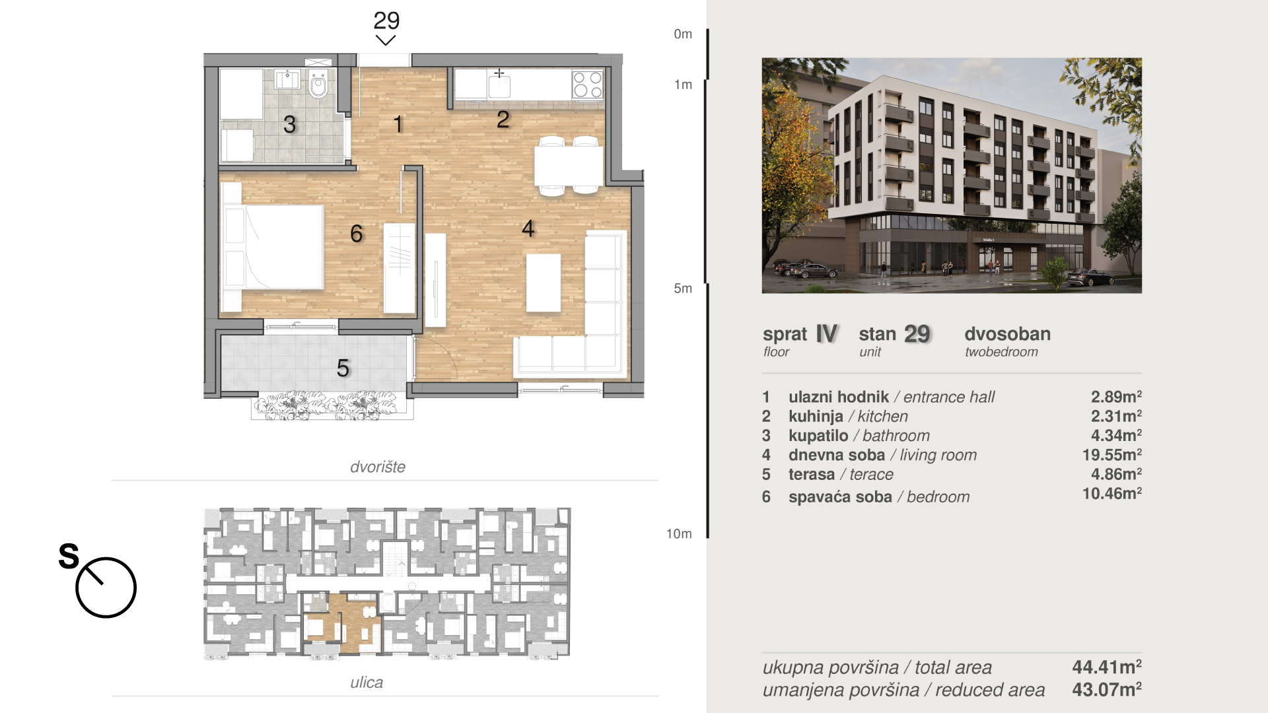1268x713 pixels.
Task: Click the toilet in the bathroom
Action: tap(318, 83)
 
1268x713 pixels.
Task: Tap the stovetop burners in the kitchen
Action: tap(587, 85)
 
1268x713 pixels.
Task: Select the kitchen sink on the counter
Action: tap(499, 84)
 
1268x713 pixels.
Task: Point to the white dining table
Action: tap(568, 166)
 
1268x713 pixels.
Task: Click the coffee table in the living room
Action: tap(544, 283)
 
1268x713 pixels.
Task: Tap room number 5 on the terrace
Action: tap(343, 368)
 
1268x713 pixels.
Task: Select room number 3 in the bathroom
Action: tap(289, 124)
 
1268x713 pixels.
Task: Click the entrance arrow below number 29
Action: tap(386, 41)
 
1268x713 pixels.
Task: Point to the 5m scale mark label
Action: tap(683, 289)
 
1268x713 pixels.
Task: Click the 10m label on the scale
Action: tap(679, 533)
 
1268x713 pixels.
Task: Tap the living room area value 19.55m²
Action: tap(1111, 455)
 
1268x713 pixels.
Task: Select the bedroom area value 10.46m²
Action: tap(1111, 493)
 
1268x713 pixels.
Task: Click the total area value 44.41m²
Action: tap(1107, 667)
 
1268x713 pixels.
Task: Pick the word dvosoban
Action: tap(1007, 334)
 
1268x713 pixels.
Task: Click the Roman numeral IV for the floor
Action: tap(827, 334)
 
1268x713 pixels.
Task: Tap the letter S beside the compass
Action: tap(69, 556)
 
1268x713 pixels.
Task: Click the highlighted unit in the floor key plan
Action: tap(343, 624)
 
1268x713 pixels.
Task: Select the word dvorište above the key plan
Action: tap(378, 467)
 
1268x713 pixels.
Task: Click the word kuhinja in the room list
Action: tap(816, 417)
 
